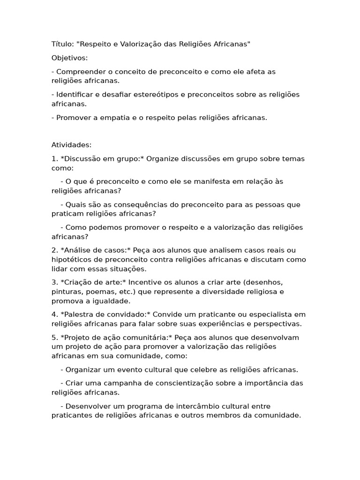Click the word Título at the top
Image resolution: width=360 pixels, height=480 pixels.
click(x=62, y=44)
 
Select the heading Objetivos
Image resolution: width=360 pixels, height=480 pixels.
click(x=69, y=58)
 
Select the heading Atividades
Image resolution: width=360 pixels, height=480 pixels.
click(x=71, y=145)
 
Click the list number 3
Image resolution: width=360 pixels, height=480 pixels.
click(x=54, y=283)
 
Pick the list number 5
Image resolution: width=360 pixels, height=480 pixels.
click(x=54, y=337)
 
